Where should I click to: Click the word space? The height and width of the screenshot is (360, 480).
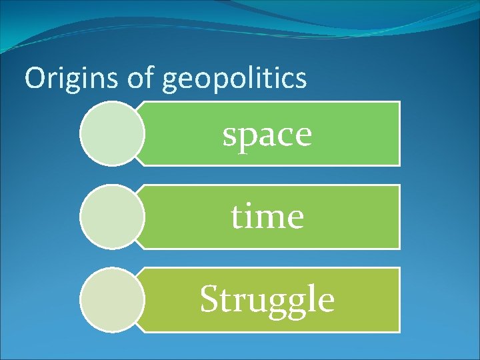267,134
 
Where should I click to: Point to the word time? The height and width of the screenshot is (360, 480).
267,217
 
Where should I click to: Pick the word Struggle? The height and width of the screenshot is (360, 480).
267,299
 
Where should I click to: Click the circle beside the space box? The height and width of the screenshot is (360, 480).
112,133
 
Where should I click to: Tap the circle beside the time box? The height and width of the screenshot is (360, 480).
112,217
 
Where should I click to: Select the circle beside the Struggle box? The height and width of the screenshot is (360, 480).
112,299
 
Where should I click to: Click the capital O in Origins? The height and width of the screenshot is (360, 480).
34,79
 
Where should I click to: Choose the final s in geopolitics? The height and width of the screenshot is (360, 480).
301,81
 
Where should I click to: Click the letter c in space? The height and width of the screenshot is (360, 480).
285,135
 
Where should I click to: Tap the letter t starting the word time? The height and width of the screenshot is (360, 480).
238,217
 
